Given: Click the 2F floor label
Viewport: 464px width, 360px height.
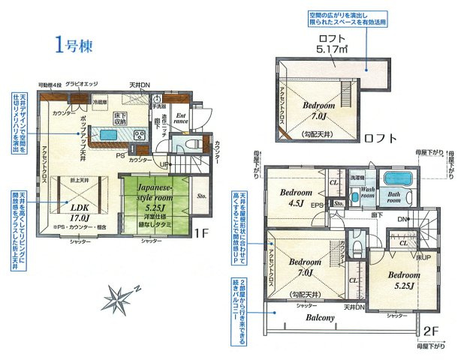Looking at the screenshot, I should tap(429, 329).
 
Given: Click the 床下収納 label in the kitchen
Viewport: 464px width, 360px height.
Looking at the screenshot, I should tap(119, 118).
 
